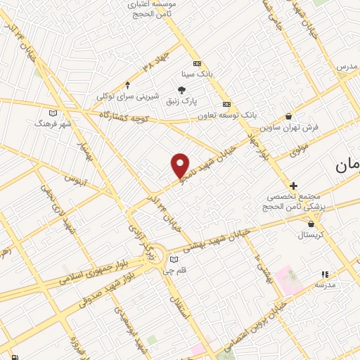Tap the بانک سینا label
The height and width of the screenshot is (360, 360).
click(197, 72)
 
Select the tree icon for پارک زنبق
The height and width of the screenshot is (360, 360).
click(182, 89)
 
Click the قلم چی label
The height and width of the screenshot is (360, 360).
click(181, 269)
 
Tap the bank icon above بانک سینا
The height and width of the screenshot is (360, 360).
click(197, 63)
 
